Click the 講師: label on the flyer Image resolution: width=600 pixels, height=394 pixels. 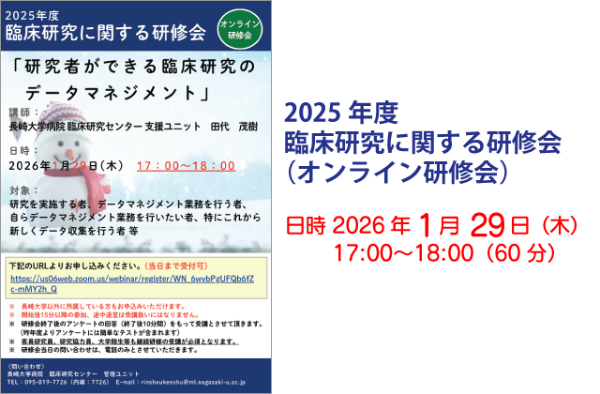(x=22, y=111)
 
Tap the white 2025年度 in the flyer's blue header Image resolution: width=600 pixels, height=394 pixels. (x=38, y=14)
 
